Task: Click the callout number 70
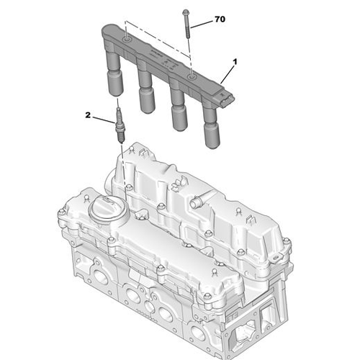[x=220, y=19]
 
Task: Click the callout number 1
[x=235, y=62]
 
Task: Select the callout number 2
[x=88, y=115]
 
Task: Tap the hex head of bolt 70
[x=186, y=12]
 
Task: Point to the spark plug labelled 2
[x=120, y=125]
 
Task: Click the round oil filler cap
[x=108, y=209]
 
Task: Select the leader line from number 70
[x=202, y=24]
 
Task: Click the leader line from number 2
[x=104, y=120]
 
